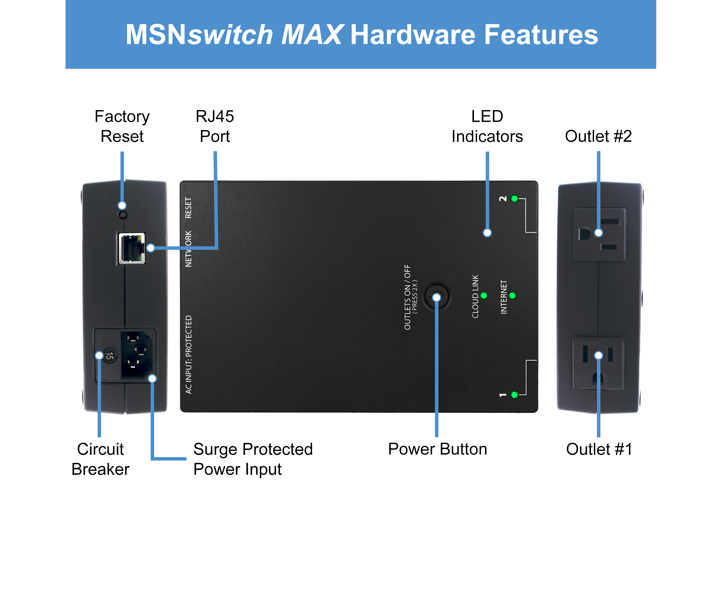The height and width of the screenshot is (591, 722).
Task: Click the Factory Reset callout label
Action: pyautogui.click(x=122, y=126)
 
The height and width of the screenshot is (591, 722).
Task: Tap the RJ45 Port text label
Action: pyautogui.click(x=215, y=126)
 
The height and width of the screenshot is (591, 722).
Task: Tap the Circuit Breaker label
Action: pyautogui.click(x=100, y=459)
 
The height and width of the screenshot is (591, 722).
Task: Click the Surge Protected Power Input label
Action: pyautogui.click(x=253, y=459)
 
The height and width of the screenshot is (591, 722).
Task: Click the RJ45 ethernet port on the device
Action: pyautogui.click(x=132, y=248)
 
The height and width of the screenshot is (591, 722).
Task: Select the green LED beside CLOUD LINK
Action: pyautogui.click(x=484, y=295)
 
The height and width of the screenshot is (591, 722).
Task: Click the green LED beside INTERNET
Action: pyautogui.click(x=512, y=295)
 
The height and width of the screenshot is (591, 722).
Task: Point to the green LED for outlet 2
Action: pyautogui.click(x=515, y=199)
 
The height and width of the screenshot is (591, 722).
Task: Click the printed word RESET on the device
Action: pyautogui.click(x=188, y=208)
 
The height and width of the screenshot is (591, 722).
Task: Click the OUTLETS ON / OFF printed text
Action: pyautogui.click(x=407, y=297)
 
